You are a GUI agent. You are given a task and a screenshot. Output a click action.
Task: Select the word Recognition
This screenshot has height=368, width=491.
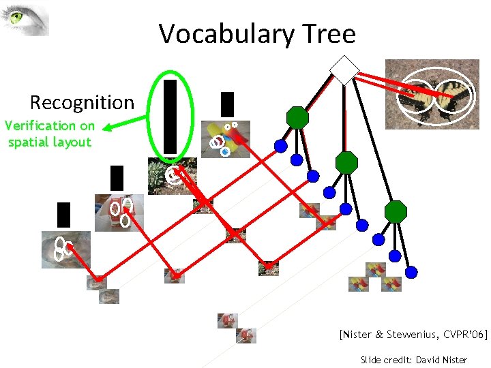coord(82,103)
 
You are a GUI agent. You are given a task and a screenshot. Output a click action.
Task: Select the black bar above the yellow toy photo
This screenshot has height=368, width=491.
coord(227,104)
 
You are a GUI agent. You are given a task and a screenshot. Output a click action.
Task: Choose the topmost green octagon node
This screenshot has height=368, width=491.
coord(297,117)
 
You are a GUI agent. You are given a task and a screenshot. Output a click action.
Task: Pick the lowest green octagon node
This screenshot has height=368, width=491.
coord(396,212)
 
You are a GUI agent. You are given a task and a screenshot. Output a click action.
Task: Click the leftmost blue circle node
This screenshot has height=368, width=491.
coord(280,145)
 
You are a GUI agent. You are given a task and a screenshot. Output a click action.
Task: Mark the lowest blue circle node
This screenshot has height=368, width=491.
coord(412,273)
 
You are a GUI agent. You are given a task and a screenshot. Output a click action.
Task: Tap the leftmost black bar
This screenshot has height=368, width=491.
coord(63,214)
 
